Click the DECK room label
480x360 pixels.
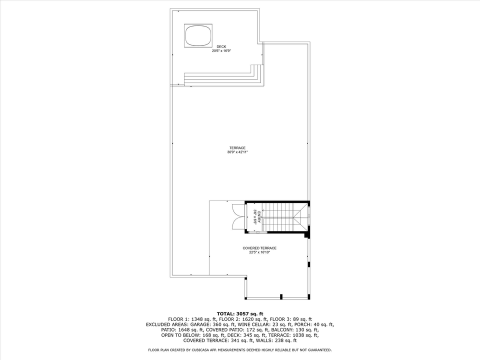221,46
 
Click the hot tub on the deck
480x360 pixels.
198,35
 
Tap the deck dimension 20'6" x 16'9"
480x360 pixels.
221,51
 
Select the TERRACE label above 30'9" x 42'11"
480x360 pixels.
237,148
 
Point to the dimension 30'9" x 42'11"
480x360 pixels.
237,152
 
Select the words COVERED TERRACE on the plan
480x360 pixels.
259,248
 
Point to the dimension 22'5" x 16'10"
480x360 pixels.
259,252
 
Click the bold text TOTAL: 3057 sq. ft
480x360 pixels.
240,313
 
